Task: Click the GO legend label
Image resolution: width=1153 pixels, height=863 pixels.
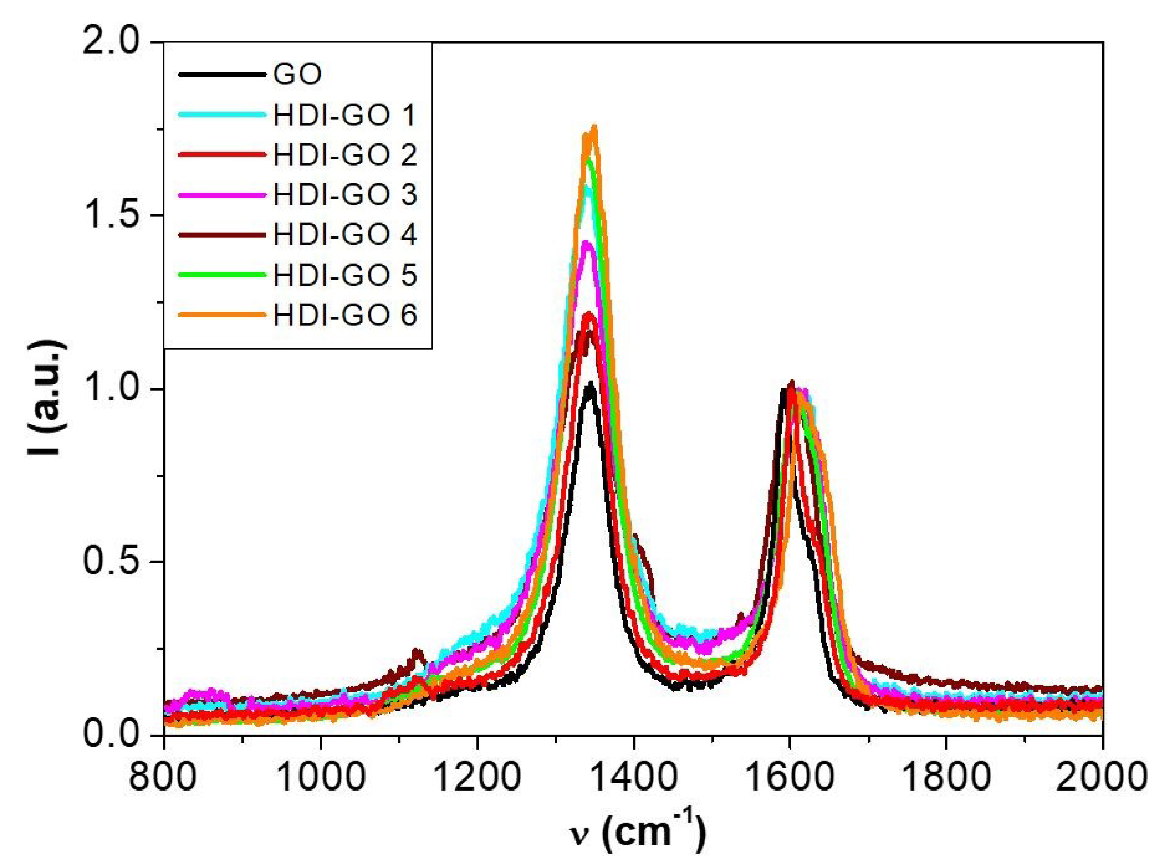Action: coord(297,75)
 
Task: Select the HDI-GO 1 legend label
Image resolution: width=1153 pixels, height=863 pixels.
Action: coord(344,115)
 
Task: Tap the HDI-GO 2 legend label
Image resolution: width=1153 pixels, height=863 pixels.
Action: coord(344,155)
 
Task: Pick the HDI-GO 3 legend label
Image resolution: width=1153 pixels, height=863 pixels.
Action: coord(344,195)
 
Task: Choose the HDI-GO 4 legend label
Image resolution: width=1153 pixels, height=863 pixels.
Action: coord(344,234)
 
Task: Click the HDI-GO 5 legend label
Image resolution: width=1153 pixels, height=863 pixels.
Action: coord(344,275)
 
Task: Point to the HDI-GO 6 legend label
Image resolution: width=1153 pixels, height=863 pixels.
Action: coord(344,315)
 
